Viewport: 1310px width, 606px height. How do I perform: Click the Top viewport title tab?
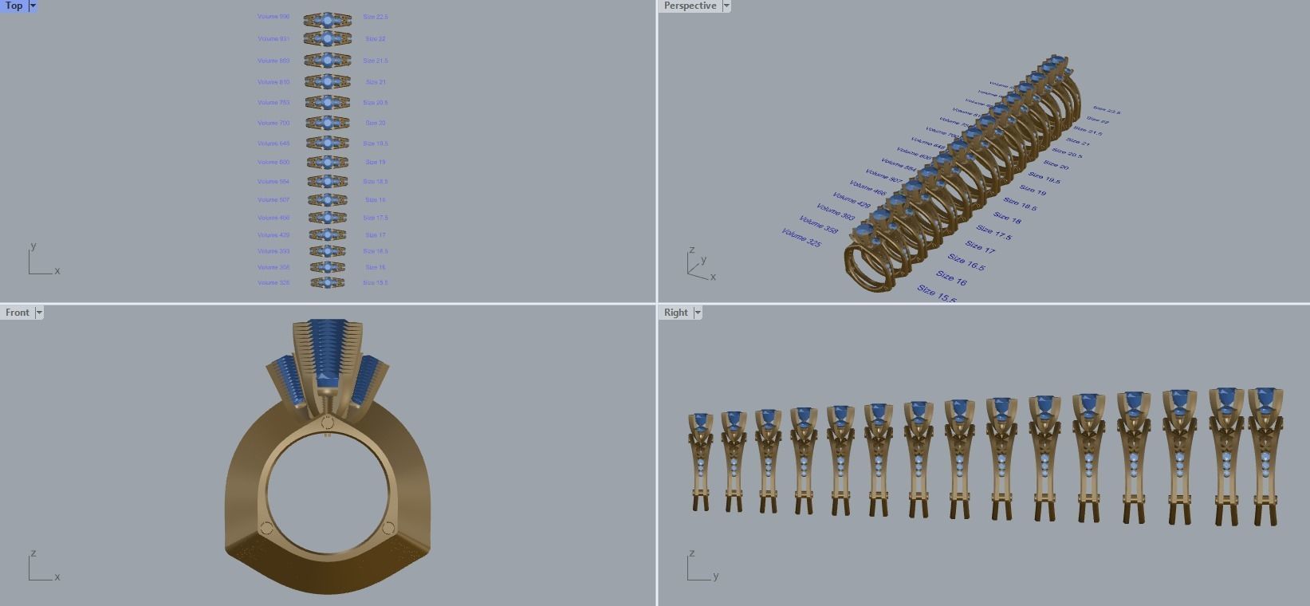click(14, 6)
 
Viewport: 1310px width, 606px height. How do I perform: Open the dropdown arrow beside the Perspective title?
click(726, 6)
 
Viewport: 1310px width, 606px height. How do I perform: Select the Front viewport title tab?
click(17, 313)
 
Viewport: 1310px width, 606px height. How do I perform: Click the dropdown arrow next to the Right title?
click(698, 313)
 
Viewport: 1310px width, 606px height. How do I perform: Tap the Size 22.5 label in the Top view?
click(376, 17)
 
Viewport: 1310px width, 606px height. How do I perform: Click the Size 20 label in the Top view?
click(376, 123)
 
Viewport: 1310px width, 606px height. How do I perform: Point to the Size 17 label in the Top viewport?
click(376, 235)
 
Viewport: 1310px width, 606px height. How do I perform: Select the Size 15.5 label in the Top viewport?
click(376, 282)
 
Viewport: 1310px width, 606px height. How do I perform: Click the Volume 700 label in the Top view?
click(273, 123)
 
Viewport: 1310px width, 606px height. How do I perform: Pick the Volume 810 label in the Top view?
click(273, 82)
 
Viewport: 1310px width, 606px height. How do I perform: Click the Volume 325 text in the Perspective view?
click(801, 238)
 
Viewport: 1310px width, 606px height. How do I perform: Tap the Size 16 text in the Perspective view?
click(952, 278)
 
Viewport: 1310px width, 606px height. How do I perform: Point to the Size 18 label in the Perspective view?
click(1007, 217)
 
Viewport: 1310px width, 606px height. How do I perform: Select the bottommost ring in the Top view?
click(327, 282)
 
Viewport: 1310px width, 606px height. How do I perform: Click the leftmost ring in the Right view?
click(701, 462)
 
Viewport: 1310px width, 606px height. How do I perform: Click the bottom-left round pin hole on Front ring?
click(266, 528)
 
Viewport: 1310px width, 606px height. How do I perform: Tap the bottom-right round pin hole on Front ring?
click(388, 528)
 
